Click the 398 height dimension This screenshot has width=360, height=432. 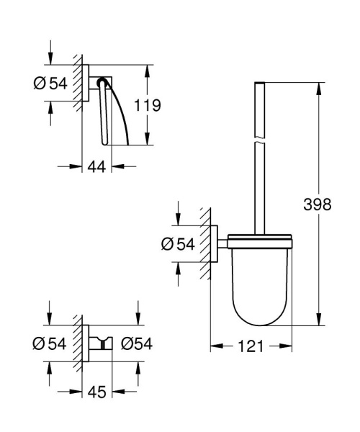pyautogui.click(x=317, y=204)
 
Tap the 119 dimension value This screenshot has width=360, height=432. pyautogui.click(x=147, y=105)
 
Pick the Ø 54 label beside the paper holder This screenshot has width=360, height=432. pyautogui.click(x=50, y=84)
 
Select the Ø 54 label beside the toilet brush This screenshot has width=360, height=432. pyautogui.click(x=176, y=245)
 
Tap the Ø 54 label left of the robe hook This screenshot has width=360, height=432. pyautogui.click(x=50, y=346)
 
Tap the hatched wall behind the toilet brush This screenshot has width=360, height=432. pyautogui.click(x=206, y=245)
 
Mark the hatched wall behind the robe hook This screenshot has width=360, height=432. pyautogui.click(x=78, y=346)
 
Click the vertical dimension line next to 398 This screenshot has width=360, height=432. pyautogui.click(x=317, y=144)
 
